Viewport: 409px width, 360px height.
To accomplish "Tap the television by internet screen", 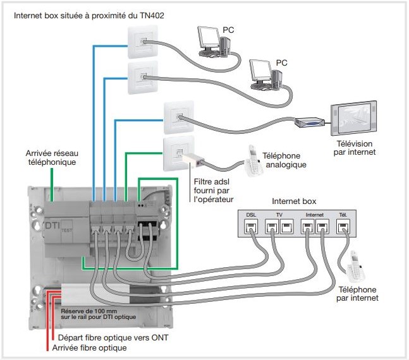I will click(355, 118).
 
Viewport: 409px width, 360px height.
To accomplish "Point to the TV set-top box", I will click(310, 123).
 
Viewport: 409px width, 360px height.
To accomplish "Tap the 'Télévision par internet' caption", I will click(356, 148).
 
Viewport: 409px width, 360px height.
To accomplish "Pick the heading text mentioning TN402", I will click(90, 14).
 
